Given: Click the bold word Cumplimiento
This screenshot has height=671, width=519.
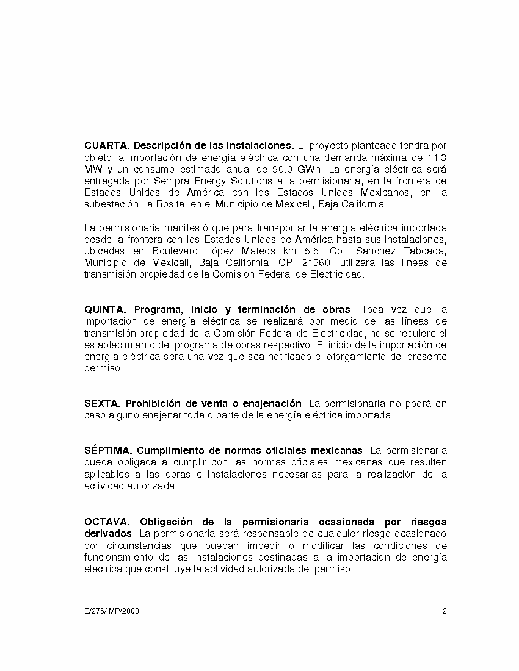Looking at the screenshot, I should (x=169, y=451).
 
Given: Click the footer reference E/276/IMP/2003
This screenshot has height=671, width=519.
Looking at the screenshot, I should (x=112, y=611).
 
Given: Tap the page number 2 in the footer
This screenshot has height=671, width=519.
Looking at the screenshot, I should (x=445, y=611).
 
